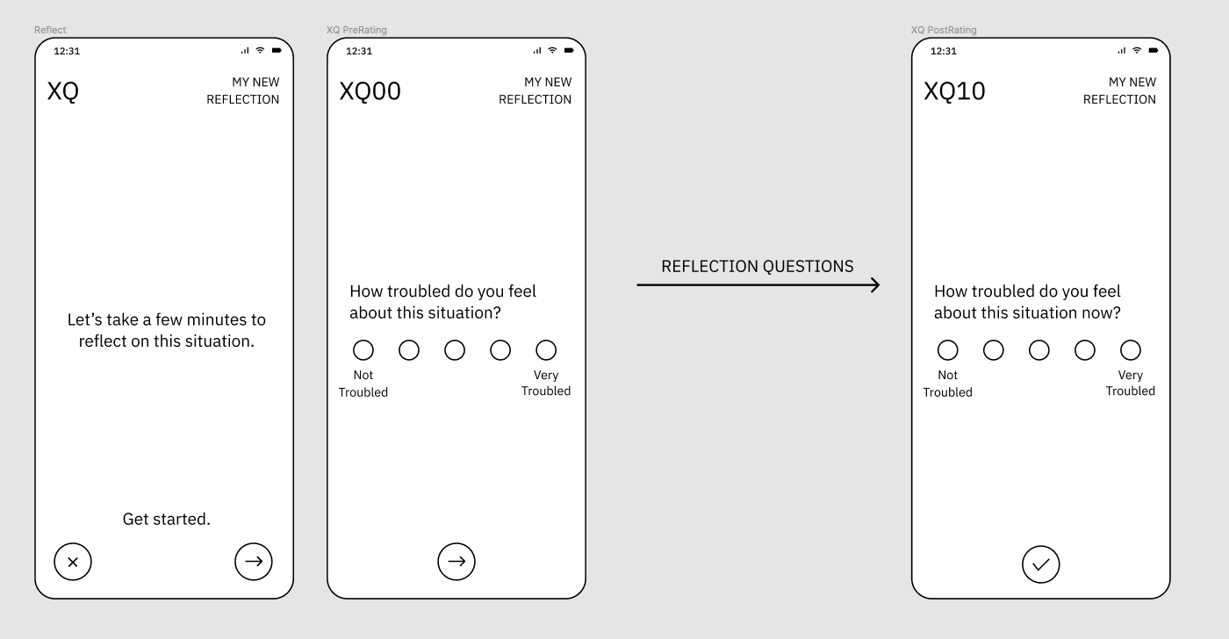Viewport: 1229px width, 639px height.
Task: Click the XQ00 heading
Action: tap(370, 91)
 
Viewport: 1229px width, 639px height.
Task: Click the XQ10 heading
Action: tap(954, 91)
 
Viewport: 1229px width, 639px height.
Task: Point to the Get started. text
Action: tap(166, 519)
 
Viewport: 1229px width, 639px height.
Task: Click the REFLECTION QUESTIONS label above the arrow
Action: tap(757, 267)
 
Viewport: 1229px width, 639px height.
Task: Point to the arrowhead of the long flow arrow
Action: tap(879, 285)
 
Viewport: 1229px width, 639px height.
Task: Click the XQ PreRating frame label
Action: tap(356, 30)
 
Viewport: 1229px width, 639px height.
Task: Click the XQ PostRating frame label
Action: tap(944, 30)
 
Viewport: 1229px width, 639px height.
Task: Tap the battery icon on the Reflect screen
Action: tap(277, 50)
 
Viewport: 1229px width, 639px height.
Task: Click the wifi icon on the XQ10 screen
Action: tap(1137, 50)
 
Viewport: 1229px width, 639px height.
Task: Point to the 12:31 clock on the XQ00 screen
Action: tap(359, 51)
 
